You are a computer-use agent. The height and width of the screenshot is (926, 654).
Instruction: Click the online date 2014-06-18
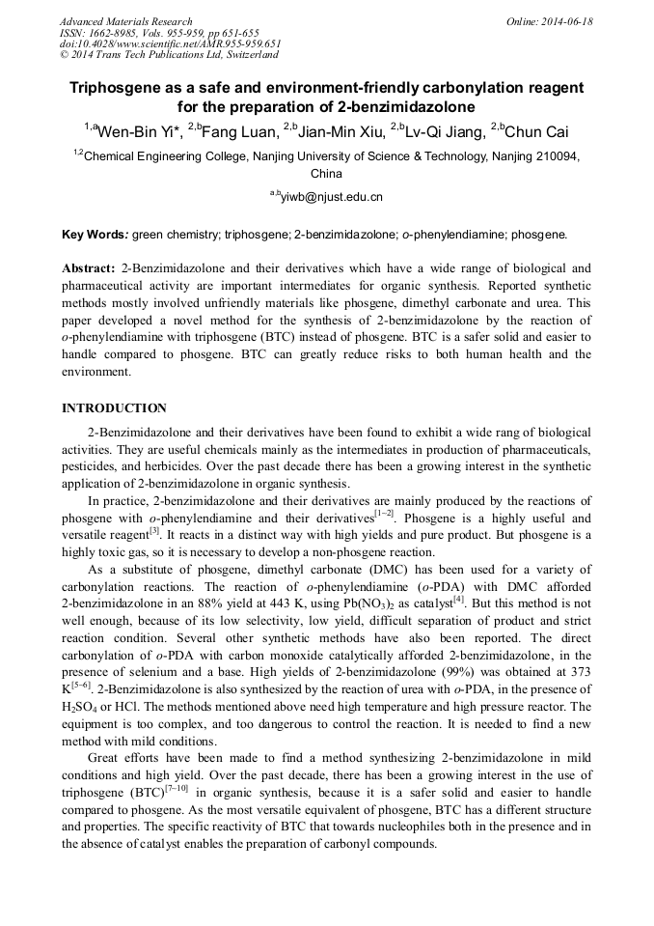click(565, 21)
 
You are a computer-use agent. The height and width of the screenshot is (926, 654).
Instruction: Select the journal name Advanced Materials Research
click(125, 21)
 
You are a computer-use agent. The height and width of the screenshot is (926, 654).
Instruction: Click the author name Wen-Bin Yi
click(133, 130)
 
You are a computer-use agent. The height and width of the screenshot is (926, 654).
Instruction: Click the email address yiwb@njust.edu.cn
click(331, 197)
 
